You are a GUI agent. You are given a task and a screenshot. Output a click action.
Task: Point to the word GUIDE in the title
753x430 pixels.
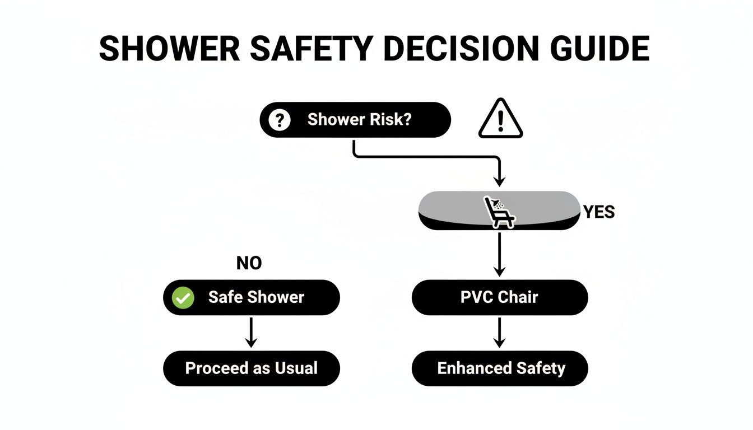(x=601, y=49)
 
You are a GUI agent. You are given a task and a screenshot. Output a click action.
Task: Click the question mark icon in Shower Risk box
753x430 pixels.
(x=279, y=120)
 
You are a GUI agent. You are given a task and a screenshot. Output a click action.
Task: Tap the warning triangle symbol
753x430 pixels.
(x=500, y=119)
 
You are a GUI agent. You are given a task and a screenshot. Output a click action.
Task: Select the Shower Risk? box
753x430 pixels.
(x=355, y=120)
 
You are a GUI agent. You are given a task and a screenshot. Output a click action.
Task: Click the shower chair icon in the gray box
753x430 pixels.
(x=499, y=212)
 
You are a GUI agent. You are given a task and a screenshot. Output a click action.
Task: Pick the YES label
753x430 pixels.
(x=598, y=212)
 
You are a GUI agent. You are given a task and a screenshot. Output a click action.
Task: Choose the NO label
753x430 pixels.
(x=249, y=263)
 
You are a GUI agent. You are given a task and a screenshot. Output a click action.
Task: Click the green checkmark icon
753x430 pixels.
(x=183, y=297)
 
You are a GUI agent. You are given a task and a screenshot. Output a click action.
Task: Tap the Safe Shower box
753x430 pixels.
(x=252, y=297)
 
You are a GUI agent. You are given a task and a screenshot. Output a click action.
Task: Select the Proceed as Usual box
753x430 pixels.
(x=252, y=368)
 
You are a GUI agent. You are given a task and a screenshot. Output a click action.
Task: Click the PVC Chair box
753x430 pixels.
(x=499, y=297)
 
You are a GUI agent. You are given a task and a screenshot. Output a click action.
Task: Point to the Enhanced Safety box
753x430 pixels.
(x=500, y=368)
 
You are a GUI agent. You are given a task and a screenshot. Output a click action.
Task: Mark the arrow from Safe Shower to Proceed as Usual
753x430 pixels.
(x=252, y=333)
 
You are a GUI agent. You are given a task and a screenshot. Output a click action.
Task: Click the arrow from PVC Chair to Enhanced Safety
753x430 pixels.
(x=499, y=333)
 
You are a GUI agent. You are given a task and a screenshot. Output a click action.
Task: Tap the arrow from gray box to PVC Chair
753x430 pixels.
(x=499, y=255)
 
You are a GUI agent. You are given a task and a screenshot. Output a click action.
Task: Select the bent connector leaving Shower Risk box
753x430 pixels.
(x=426, y=157)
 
